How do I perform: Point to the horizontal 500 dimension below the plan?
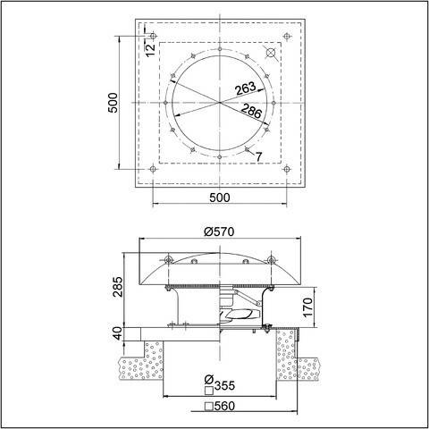click(219, 197)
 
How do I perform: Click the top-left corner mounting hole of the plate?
click(154, 36)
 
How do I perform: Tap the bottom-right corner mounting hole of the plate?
click(286, 168)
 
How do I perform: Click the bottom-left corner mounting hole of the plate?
click(154, 168)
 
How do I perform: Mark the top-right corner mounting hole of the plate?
click(286, 36)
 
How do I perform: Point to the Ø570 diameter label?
click(219, 231)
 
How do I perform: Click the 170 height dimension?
click(307, 307)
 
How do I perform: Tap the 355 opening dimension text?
click(220, 387)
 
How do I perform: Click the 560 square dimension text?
click(220, 407)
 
